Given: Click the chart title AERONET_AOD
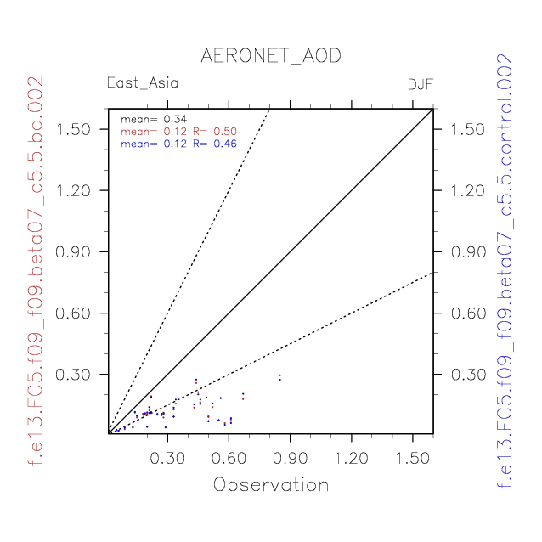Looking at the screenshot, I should [270, 56].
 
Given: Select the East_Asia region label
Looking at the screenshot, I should [142, 83].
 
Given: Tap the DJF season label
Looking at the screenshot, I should [420, 85].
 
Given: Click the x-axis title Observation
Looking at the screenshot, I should [270, 485].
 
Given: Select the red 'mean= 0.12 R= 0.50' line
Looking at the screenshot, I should [178, 132].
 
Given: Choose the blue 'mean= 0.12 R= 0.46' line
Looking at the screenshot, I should [178, 144].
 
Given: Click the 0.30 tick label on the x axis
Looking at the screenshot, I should [167, 459].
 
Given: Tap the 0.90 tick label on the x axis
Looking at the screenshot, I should [291, 459].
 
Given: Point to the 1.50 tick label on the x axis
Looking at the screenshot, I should [413, 459].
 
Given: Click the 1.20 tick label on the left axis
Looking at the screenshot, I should [75, 190].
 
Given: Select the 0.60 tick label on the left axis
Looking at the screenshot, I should [75, 313].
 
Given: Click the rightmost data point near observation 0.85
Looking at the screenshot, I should [279, 377].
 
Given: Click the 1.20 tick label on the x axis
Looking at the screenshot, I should [352, 459].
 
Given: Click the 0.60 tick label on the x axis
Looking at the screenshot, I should [229, 459].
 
